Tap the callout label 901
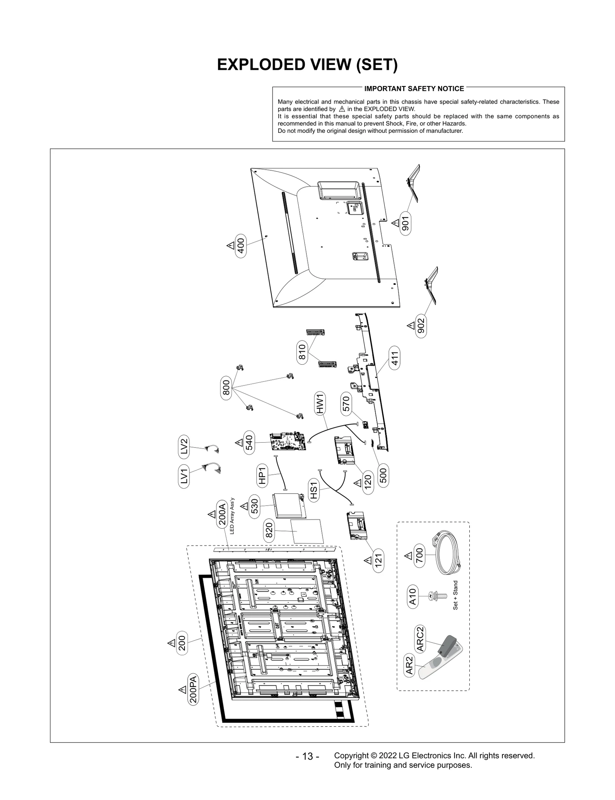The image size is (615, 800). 406,223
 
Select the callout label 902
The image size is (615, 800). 421,326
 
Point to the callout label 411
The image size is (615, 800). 395,358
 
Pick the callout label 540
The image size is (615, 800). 249,443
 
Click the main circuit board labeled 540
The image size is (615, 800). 288,442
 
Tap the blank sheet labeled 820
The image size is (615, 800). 307,531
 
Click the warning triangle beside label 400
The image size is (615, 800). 230,245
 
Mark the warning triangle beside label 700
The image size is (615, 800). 408,555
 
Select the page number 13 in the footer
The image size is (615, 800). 307,756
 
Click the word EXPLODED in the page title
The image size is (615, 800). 259,65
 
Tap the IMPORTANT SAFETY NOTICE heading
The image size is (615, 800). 414,89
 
